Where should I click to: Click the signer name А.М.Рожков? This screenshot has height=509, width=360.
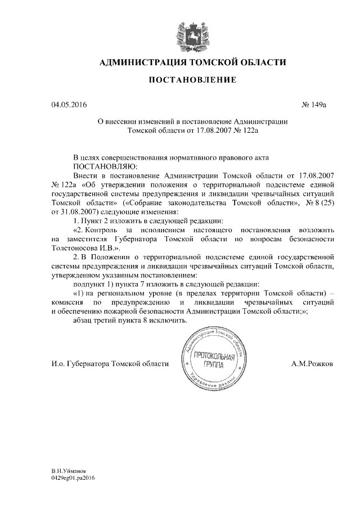pos(312,364)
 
